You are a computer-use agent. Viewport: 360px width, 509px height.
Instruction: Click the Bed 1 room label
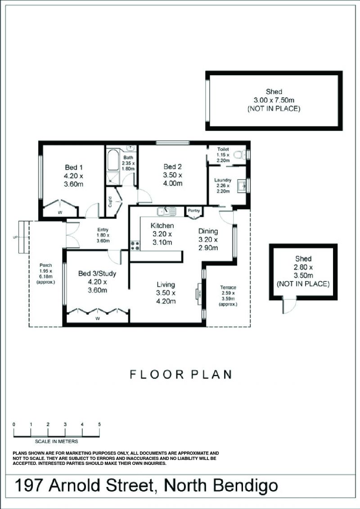[x=74, y=167]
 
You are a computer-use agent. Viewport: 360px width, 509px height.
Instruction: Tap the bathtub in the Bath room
[x=113, y=160]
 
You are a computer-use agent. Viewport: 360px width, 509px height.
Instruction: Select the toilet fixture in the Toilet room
[x=240, y=155]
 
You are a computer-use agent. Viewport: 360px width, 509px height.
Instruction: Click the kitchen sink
[x=166, y=212]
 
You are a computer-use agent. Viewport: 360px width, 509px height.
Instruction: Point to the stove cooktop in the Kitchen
[x=135, y=245]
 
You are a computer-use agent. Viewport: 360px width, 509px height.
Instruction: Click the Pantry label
[x=194, y=210]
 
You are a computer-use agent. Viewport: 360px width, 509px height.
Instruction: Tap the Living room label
[x=166, y=285]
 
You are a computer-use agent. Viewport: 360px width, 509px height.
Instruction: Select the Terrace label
[x=228, y=287]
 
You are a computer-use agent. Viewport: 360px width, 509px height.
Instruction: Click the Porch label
[x=45, y=265]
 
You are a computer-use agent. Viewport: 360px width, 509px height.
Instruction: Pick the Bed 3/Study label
[x=97, y=274]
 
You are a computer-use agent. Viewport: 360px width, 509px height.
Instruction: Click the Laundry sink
[x=242, y=186]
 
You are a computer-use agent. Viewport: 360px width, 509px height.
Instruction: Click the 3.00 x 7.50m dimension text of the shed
[x=274, y=100]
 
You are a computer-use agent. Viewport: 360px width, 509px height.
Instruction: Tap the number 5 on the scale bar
[x=99, y=424]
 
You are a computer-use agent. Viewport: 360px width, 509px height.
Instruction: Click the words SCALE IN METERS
[x=57, y=441]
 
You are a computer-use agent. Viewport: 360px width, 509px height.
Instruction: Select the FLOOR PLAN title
[x=181, y=374]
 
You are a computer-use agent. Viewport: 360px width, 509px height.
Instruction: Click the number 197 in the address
[x=28, y=486]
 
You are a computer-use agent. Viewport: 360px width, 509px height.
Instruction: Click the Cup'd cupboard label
[x=110, y=202]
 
